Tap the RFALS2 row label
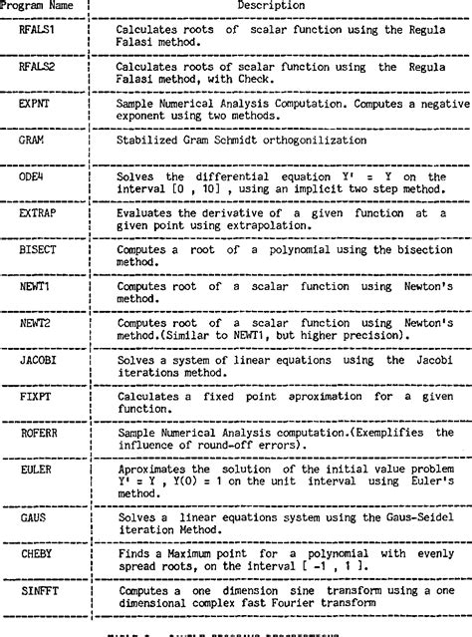click(x=41, y=67)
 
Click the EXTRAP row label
click(x=41, y=213)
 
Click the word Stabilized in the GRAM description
click(x=148, y=141)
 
